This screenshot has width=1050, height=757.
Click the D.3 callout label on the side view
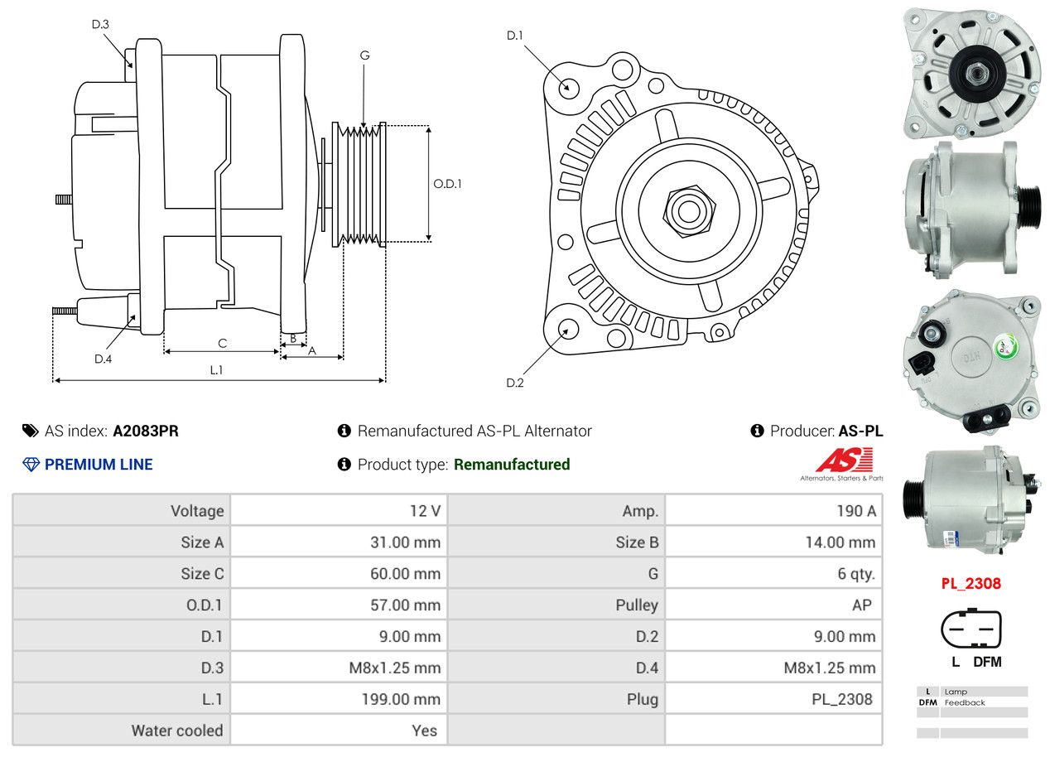(x=100, y=24)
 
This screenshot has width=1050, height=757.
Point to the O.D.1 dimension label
(x=447, y=184)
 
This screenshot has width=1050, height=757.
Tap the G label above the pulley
(x=364, y=55)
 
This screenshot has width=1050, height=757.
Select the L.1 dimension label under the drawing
(x=216, y=370)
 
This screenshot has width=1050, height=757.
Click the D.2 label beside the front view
(x=515, y=383)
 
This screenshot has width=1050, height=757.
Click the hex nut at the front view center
(x=686, y=210)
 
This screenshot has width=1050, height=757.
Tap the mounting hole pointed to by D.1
(x=568, y=86)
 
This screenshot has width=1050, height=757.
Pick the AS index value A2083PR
(x=146, y=431)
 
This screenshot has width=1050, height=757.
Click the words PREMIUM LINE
(x=99, y=465)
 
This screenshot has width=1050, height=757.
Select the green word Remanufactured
(x=512, y=465)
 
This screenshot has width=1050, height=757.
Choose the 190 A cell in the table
(x=855, y=511)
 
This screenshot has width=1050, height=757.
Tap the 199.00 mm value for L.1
(x=401, y=699)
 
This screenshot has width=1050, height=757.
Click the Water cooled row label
(x=177, y=730)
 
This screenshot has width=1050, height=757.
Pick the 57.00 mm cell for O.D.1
(x=405, y=605)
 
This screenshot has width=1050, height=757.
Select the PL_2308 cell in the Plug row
(x=841, y=699)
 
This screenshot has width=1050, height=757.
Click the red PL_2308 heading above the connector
(x=971, y=583)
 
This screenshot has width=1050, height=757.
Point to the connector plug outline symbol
(x=971, y=629)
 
